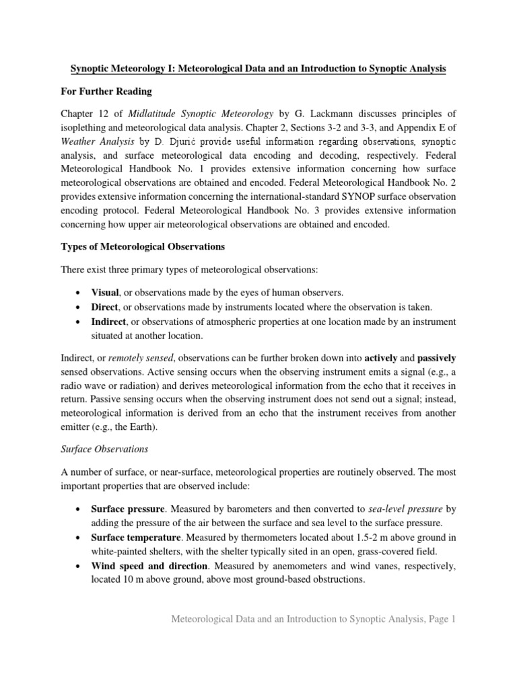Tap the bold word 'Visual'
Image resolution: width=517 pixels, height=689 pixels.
tap(104, 292)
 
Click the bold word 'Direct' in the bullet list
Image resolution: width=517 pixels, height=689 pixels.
tap(105, 307)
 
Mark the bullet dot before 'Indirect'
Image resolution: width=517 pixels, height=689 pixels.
tap(80, 322)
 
